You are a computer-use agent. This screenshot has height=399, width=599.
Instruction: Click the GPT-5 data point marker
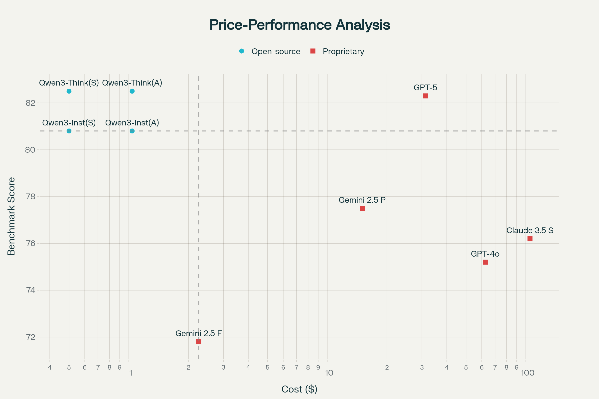425,96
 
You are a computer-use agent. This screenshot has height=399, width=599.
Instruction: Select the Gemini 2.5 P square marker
362,208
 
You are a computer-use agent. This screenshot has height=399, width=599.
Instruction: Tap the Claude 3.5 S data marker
530,239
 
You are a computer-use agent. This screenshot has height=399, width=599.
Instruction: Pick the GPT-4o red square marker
485,262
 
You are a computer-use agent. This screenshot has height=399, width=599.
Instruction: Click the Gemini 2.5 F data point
199,342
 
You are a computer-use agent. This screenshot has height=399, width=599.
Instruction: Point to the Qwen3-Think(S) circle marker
69,91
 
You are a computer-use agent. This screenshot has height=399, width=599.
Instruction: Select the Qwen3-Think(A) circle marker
132,91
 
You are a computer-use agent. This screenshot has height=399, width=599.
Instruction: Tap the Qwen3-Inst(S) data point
69,131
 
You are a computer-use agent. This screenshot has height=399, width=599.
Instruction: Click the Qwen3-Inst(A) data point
132,131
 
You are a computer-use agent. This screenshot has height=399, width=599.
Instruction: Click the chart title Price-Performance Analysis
299,25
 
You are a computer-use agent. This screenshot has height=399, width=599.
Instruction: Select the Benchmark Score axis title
11,216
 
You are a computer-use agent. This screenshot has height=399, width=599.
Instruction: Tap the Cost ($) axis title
299,389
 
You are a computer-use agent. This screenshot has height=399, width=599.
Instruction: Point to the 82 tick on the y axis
30,103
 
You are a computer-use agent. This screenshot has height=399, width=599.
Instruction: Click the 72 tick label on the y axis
30,337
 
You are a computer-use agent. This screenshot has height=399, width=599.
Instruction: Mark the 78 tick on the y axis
30,197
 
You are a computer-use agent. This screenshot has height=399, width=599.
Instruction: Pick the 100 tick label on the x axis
527,373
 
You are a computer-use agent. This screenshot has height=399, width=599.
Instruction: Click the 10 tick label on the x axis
329,373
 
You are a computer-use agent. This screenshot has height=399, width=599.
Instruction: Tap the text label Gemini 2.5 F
199,333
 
